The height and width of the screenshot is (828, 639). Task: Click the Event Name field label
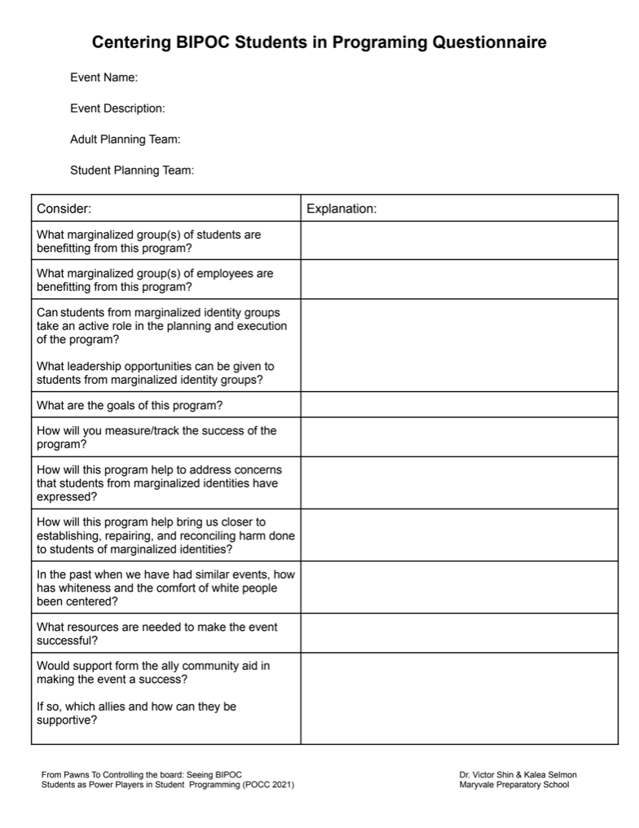pos(104,77)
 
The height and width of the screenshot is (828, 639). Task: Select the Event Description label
pos(117,108)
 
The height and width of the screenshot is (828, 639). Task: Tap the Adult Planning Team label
pos(125,139)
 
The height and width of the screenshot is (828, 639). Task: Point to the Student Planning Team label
pos(131,170)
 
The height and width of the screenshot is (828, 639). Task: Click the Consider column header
pos(64,209)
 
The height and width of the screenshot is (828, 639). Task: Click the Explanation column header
pos(342,209)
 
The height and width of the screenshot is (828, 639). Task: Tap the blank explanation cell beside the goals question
pos(459,405)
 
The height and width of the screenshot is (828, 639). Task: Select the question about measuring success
pos(156,438)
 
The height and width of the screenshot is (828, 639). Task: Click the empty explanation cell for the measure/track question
pos(459,438)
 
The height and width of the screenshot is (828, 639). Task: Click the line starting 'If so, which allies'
pos(136,707)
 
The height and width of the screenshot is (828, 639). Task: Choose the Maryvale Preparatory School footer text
pos(513,785)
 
